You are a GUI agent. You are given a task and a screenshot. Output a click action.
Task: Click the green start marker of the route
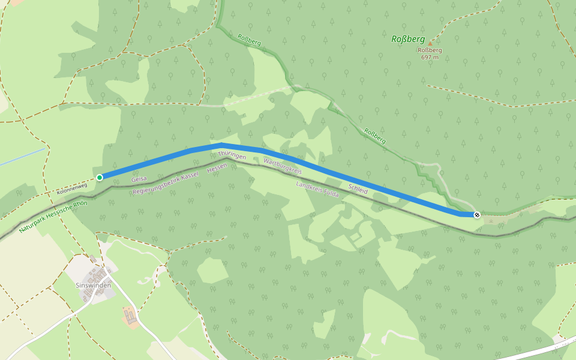click(100, 177)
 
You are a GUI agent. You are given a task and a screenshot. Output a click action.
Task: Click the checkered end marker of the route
click(477, 214)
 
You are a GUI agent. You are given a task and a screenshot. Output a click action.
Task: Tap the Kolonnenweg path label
click(73, 188)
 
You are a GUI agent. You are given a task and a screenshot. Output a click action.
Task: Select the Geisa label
click(139, 179)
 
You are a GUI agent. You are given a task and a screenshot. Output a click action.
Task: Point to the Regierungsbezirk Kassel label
click(165, 182)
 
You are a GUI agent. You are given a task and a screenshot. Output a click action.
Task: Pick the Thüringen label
click(232, 155)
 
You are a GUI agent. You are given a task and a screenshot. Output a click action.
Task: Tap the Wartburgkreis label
click(281, 166)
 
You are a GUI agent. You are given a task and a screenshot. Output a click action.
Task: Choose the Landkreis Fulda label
click(317, 189)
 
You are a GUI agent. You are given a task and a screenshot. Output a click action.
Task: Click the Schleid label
click(358, 188)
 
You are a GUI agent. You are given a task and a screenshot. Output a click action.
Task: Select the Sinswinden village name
click(94, 286)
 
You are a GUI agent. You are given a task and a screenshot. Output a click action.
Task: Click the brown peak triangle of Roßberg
click(430, 43)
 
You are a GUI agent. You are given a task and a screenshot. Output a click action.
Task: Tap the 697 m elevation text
click(430, 57)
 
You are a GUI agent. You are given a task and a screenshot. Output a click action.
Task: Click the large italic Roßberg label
click(408, 39)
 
